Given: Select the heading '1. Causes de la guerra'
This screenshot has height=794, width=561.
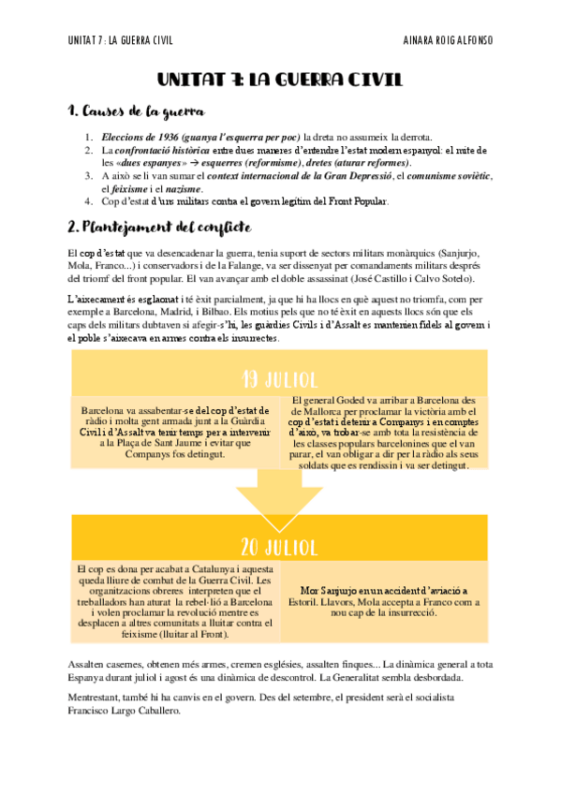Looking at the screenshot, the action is tap(137, 113).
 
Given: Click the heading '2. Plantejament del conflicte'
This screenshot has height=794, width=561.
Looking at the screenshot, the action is tap(158, 228).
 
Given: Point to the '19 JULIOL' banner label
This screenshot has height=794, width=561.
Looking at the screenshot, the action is tap(280, 379).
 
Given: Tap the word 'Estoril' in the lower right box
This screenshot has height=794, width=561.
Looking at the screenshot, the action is tap(303, 604).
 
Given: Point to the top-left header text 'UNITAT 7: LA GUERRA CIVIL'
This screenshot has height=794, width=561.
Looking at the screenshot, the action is tap(121, 40).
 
